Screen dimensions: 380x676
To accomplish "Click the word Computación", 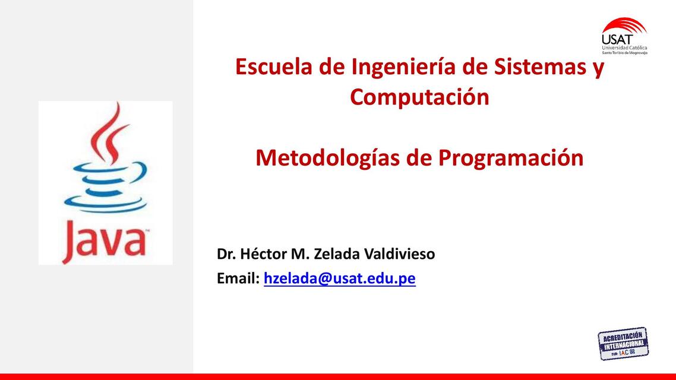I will point(419,97).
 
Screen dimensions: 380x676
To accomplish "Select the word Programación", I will point(511,158).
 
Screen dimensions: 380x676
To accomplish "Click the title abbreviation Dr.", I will point(226,254).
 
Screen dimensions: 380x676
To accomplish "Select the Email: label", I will point(238,278).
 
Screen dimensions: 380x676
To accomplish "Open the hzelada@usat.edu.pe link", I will point(339,278).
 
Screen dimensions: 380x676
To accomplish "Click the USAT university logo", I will point(624,36).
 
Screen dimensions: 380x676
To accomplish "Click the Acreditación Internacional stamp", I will point(623,344).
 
